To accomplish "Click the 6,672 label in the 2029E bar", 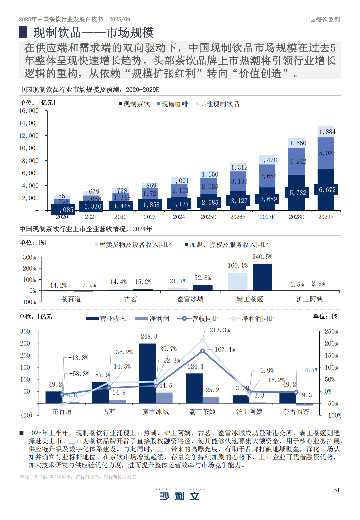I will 327,190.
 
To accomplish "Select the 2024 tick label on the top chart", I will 179,217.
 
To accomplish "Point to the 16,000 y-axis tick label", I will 29,111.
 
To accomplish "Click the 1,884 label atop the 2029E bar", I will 327,132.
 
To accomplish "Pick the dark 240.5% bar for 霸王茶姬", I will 262,277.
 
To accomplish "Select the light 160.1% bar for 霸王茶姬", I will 238,282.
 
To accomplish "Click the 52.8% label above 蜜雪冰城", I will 203,278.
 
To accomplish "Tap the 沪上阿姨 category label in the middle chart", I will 310,299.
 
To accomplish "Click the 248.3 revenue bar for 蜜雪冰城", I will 147,373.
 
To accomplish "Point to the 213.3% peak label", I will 220,330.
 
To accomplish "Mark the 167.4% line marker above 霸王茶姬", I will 202,351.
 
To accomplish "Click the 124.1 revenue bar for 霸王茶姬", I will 194,388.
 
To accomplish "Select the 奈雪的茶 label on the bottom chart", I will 296,412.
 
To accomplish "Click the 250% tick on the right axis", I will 331,331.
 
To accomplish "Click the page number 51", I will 337,490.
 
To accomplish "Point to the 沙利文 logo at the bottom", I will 180,495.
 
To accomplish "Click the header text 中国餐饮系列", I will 322,20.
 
